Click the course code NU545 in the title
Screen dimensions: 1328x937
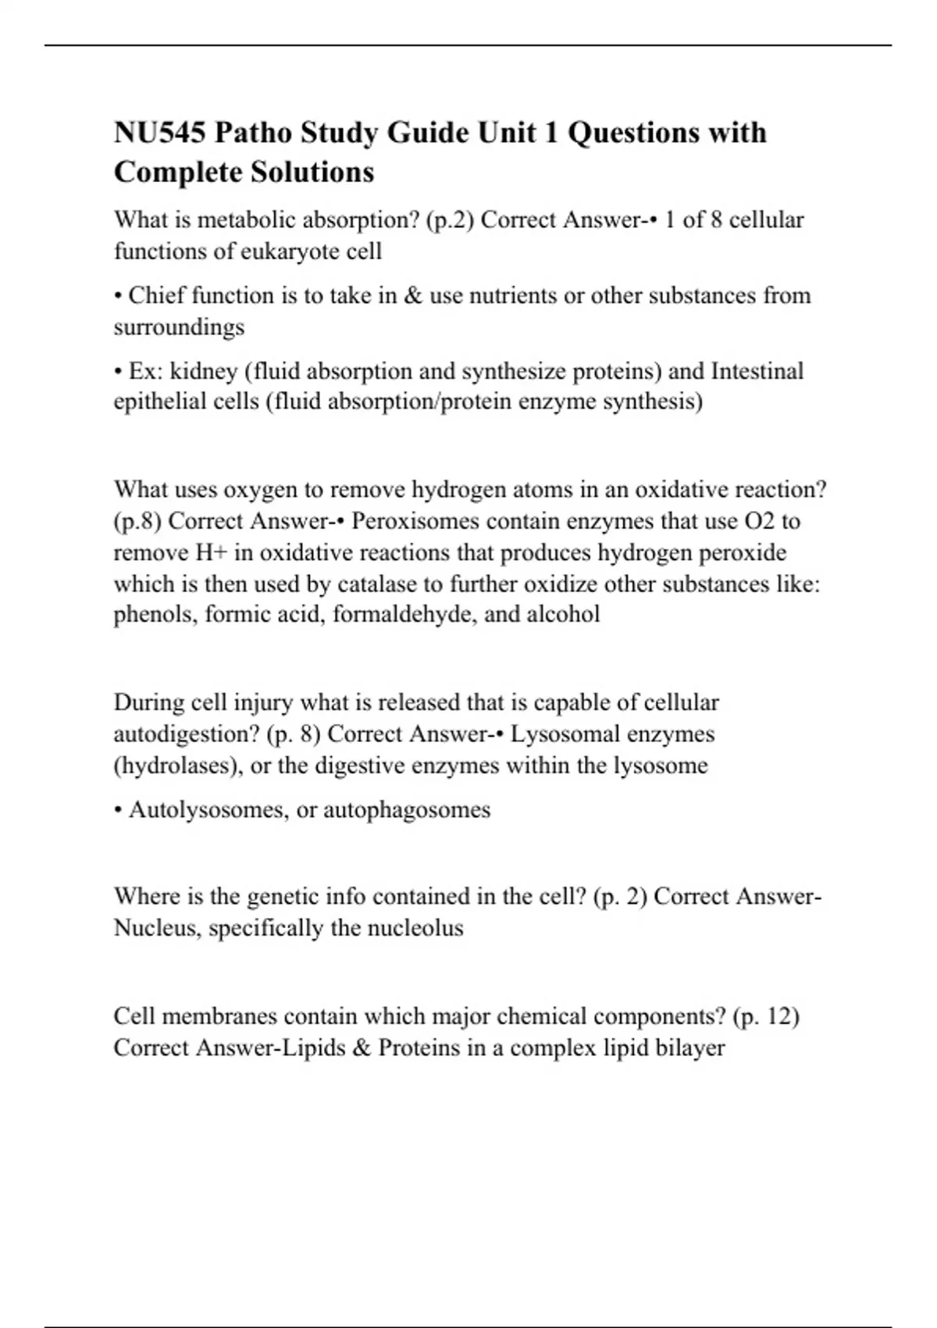(x=160, y=133)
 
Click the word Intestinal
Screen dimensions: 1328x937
(x=757, y=371)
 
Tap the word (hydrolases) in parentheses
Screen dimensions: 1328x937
(x=178, y=766)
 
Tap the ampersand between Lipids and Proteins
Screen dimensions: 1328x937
(x=362, y=1048)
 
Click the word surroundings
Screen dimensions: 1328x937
(x=179, y=327)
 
